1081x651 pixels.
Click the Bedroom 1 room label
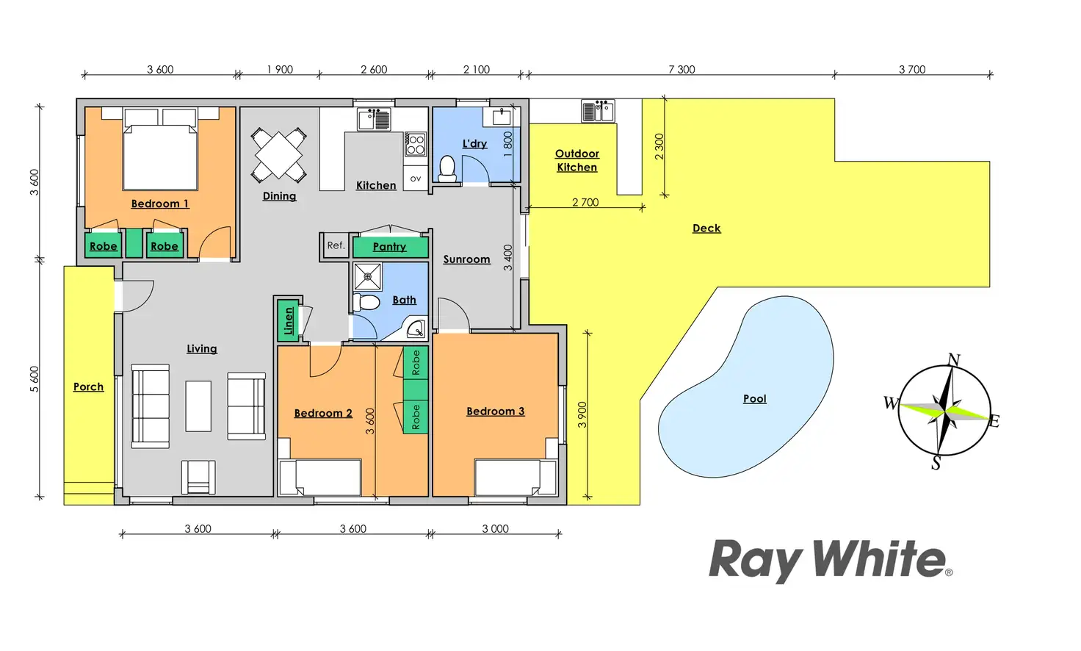[160, 204]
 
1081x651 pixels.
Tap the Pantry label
[389, 247]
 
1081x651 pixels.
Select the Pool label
[754, 398]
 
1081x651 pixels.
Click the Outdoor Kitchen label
[576, 160]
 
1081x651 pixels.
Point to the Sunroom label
[466, 259]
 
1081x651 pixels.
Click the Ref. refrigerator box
[336, 245]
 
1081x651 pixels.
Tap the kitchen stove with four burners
[416, 144]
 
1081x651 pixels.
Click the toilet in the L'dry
[446, 168]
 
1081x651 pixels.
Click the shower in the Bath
[368, 277]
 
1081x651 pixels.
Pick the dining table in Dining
[279, 155]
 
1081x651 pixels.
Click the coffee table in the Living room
[198, 406]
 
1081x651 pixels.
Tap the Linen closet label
[289, 321]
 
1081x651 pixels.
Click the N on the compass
[953, 360]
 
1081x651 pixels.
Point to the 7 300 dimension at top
[681, 70]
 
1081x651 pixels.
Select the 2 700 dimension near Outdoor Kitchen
[585, 202]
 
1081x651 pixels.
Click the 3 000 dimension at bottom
[495, 529]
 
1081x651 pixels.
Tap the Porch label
[88, 386]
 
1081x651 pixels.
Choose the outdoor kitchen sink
[598, 111]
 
